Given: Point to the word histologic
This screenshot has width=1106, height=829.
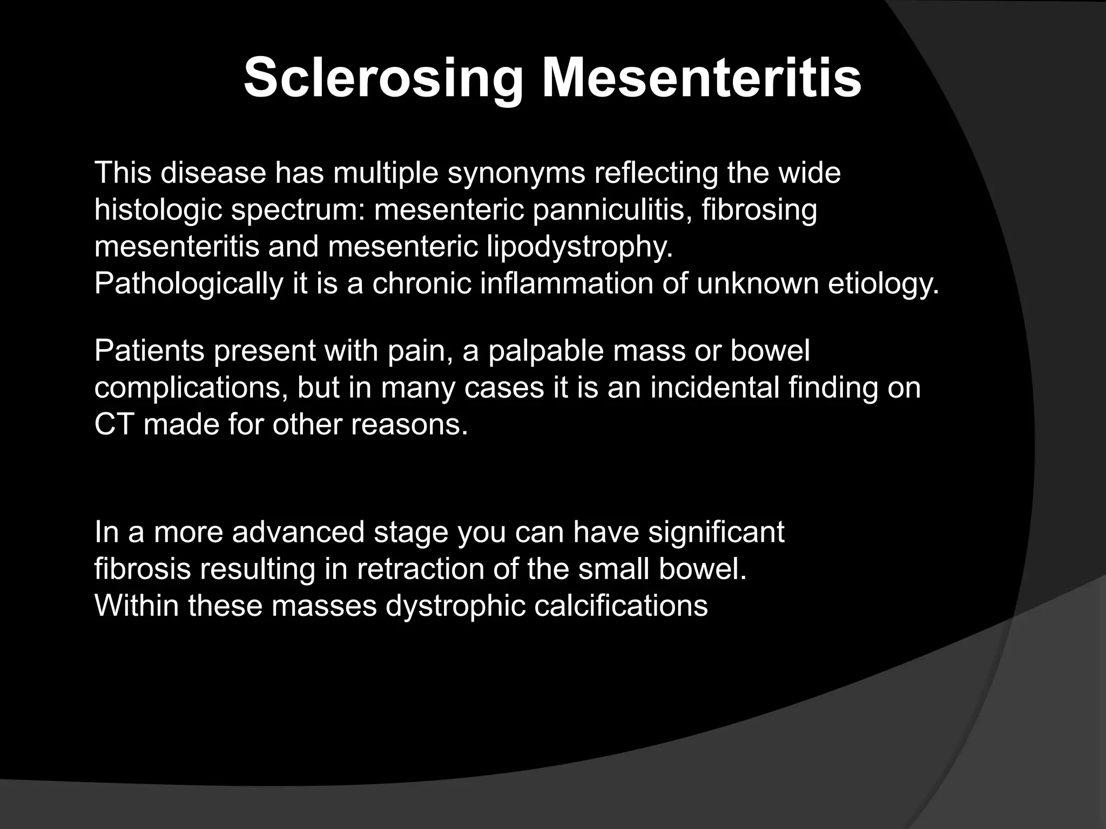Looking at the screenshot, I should coord(158,210).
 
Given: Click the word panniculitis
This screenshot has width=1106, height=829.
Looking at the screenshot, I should coord(612,210).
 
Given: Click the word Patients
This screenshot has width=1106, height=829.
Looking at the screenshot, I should coord(150,351).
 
